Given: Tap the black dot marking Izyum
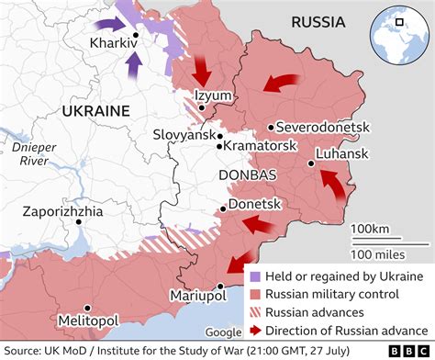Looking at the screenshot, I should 200,107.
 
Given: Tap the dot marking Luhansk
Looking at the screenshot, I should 312,164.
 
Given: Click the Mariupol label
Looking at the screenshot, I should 198,296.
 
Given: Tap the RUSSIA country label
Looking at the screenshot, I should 317,21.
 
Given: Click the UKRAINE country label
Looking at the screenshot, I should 95,109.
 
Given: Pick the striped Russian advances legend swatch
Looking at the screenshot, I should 252,313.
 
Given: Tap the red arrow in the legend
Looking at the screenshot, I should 252,332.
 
